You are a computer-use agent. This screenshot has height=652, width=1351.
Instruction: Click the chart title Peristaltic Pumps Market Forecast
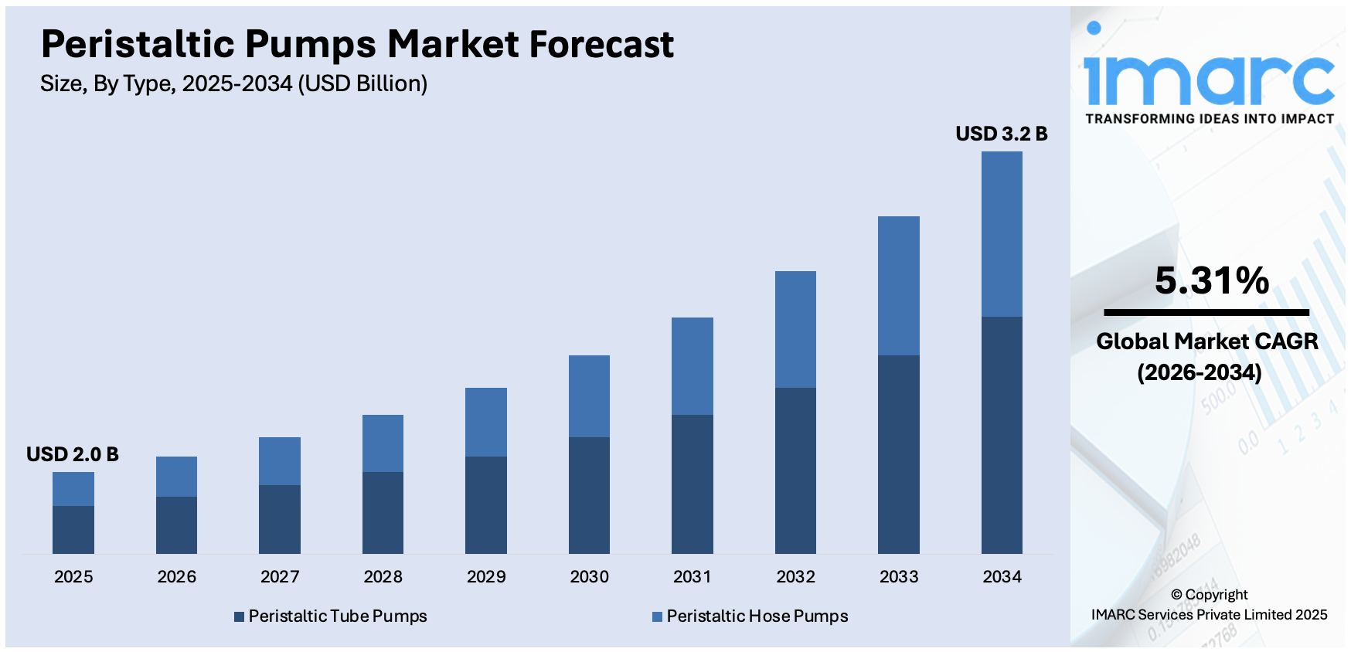click(x=357, y=44)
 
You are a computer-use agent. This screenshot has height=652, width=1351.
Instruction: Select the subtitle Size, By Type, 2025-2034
click(x=233, y=83)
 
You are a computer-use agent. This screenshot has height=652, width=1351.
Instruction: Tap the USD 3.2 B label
click(x=1001, y=134)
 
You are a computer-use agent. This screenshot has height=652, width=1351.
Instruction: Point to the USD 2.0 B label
click(x=73, y=454)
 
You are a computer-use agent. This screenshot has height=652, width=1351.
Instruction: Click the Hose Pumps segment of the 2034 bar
click(x=1002, y=234)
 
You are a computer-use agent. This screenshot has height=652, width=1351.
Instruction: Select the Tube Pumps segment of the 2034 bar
click(x=1002, y=435)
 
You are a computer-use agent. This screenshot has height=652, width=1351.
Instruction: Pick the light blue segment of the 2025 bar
click(x=73, y=489)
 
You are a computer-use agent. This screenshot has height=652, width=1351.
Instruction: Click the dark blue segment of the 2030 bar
click(x=589, y=495)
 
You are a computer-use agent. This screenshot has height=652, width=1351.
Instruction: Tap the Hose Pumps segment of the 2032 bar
click(x=795, y=329)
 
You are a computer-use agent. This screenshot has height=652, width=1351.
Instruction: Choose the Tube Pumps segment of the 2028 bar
click(x=383, y=512)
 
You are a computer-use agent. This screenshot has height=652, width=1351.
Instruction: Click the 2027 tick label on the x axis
click(x=280, y=576)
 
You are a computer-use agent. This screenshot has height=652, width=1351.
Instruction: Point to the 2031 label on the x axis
click(x=693, y=576)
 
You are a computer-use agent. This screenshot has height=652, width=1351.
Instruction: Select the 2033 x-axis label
click(x=899, y=576)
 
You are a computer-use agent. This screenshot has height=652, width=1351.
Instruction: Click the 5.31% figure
click(x=1211, y=280)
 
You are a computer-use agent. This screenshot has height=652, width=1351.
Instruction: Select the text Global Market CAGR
click(x=1206, y=341)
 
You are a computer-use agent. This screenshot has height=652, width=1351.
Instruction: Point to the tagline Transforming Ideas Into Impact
click(x=1210, y=119)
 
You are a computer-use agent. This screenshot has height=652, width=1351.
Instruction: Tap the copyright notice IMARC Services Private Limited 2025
click(x=1209, y=615)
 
